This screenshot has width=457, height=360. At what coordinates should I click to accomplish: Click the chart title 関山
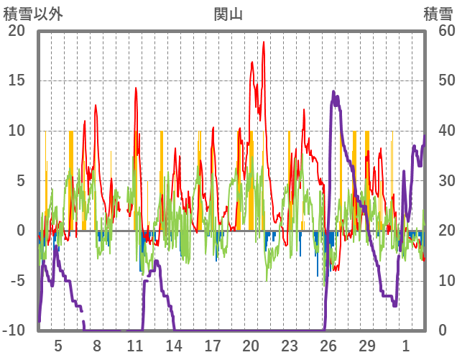point(228,14)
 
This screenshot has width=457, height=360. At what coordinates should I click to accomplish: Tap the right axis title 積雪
point(438,14)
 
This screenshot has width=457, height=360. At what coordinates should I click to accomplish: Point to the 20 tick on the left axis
point(16,31)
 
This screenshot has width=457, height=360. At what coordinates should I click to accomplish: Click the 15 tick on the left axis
point(16,80)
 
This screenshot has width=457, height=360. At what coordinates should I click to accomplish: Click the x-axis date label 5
point(58,346)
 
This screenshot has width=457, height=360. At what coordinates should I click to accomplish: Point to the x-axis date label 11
point(135,346)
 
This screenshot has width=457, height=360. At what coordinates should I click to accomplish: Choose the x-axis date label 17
point(212,346)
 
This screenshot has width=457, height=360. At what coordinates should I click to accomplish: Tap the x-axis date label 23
point(290,346)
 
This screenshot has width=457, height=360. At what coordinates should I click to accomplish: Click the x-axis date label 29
point(366,346)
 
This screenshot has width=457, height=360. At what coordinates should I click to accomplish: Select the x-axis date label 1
point(405,346)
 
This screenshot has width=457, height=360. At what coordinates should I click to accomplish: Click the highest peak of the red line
point(264,42)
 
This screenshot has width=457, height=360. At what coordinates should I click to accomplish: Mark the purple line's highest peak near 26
point(333,91)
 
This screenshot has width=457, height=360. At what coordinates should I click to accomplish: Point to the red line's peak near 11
point(136,88)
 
